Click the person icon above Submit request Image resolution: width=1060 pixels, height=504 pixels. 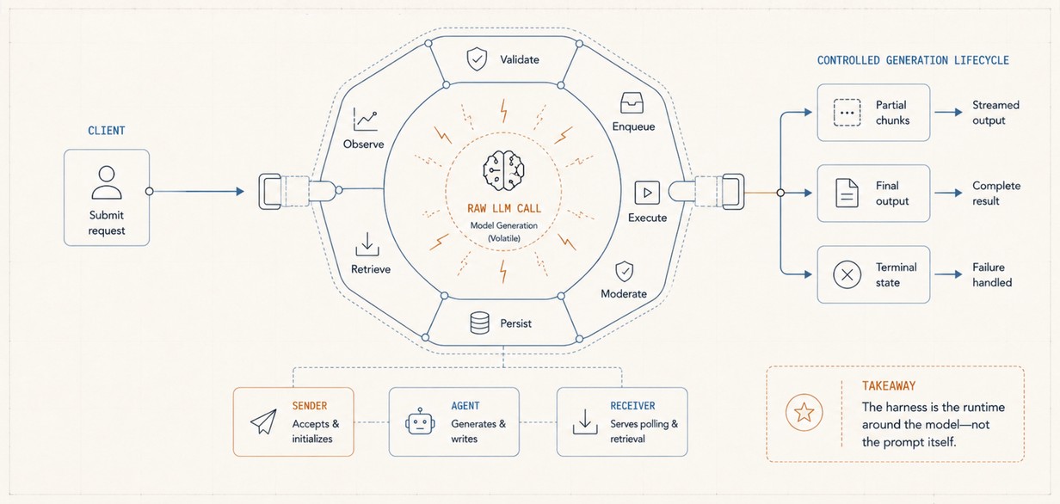pos(107,182)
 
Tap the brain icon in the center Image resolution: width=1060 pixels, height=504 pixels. pos(503,171)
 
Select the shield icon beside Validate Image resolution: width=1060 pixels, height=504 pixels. pos(477,59)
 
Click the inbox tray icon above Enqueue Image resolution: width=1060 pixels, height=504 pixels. pos(632,102)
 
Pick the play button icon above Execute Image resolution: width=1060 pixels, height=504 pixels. pos(647,193)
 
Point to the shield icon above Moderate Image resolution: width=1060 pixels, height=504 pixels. pos(624,272)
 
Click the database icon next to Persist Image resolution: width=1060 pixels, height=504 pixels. pos(479,323)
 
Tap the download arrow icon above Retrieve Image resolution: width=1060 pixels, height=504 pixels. pos(367,244)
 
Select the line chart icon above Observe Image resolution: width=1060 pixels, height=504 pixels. pos(365,120)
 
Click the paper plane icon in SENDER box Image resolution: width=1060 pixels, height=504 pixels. pos(263,421)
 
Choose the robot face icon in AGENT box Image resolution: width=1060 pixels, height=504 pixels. pos(420,421)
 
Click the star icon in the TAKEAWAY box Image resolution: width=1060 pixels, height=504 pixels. pos(804,413)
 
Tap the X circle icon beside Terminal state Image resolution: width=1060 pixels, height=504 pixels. pos(847,274)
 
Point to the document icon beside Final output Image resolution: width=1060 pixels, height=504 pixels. pos(847,193)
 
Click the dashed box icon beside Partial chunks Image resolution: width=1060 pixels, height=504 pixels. pos(847,113)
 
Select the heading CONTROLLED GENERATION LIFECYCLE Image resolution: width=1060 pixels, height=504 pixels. pos(913,60)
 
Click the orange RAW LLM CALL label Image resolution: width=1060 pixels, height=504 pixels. pos(504,208)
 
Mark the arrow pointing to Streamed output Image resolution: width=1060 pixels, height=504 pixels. pos(948,112)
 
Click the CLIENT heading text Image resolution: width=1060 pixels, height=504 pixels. pos(107,131)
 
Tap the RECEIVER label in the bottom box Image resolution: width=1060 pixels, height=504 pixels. pos(632,406)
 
